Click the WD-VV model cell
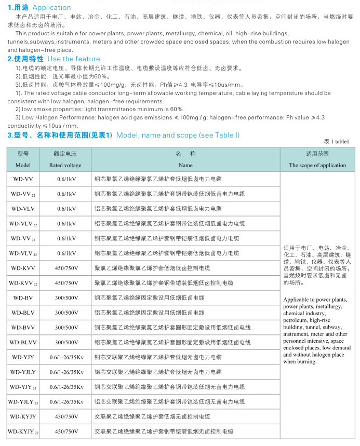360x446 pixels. (x=22, y=179)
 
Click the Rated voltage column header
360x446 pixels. (x=65, y=165)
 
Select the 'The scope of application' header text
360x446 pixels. (x=317, y=165)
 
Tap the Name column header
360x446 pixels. (x=185, y=165)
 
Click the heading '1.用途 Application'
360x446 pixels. (x=39, y=7)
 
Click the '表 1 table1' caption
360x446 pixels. (x=336, y=141)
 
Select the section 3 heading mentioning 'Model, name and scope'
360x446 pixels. (x=124, y=135)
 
